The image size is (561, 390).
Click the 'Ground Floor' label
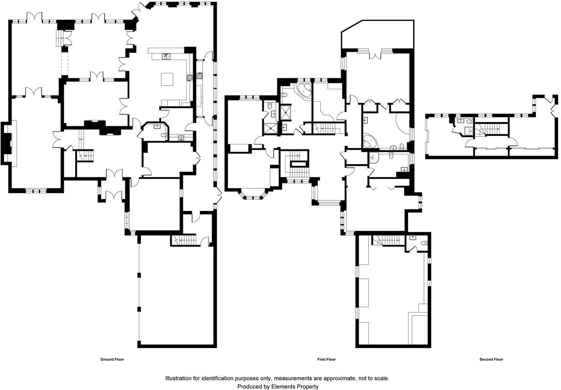[112, 359]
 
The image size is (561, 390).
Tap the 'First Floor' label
[326, 359]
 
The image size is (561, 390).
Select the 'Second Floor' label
[491, 359]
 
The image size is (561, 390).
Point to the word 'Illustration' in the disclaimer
[179, 378]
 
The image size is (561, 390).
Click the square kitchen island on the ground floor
[167, 79]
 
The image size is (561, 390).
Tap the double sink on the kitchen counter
[167, 56]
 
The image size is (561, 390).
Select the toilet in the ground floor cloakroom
[164, 135]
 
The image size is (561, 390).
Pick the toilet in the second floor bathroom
[469, 122]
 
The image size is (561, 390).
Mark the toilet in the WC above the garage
[423, 243]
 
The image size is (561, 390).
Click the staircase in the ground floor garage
[185, 239]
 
